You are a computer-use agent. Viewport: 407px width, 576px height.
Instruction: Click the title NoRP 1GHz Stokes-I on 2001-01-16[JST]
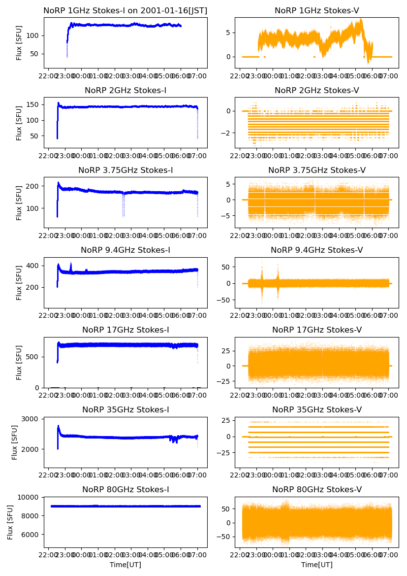125,10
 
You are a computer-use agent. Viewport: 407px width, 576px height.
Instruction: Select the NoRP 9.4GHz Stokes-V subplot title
316,250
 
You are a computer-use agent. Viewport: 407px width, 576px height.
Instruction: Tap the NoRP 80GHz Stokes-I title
125,490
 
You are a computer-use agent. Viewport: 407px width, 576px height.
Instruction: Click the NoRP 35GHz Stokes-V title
316,410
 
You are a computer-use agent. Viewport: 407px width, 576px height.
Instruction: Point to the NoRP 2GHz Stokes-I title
125,91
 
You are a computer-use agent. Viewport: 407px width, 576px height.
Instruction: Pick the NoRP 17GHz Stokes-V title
316,330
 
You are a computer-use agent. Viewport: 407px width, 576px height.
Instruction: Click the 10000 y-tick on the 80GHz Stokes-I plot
30,497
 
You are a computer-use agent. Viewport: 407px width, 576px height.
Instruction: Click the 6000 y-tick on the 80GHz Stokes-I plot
32,534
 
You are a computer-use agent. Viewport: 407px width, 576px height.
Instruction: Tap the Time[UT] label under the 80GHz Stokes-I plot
125,565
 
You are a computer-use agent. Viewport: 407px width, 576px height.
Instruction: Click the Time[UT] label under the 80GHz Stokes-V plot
316,565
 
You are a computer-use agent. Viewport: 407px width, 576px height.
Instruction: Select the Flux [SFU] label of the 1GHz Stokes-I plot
19,43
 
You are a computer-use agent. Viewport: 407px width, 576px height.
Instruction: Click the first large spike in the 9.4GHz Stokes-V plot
262,283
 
